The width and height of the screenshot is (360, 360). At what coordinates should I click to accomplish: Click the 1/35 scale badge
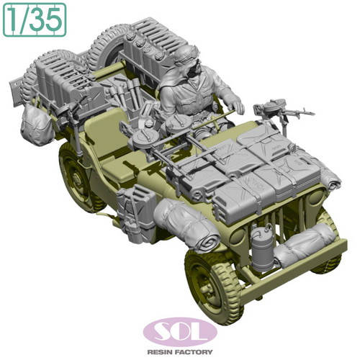pyautogui.click(x=35, y=20)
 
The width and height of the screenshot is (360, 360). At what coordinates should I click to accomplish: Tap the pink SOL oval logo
pyautogui.click(x=180, y=332)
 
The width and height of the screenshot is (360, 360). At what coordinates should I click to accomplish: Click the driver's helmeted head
pyautogui.click(x=186, y=58)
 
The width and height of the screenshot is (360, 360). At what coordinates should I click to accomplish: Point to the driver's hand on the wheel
pyautogui.click(x=238, y=106)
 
